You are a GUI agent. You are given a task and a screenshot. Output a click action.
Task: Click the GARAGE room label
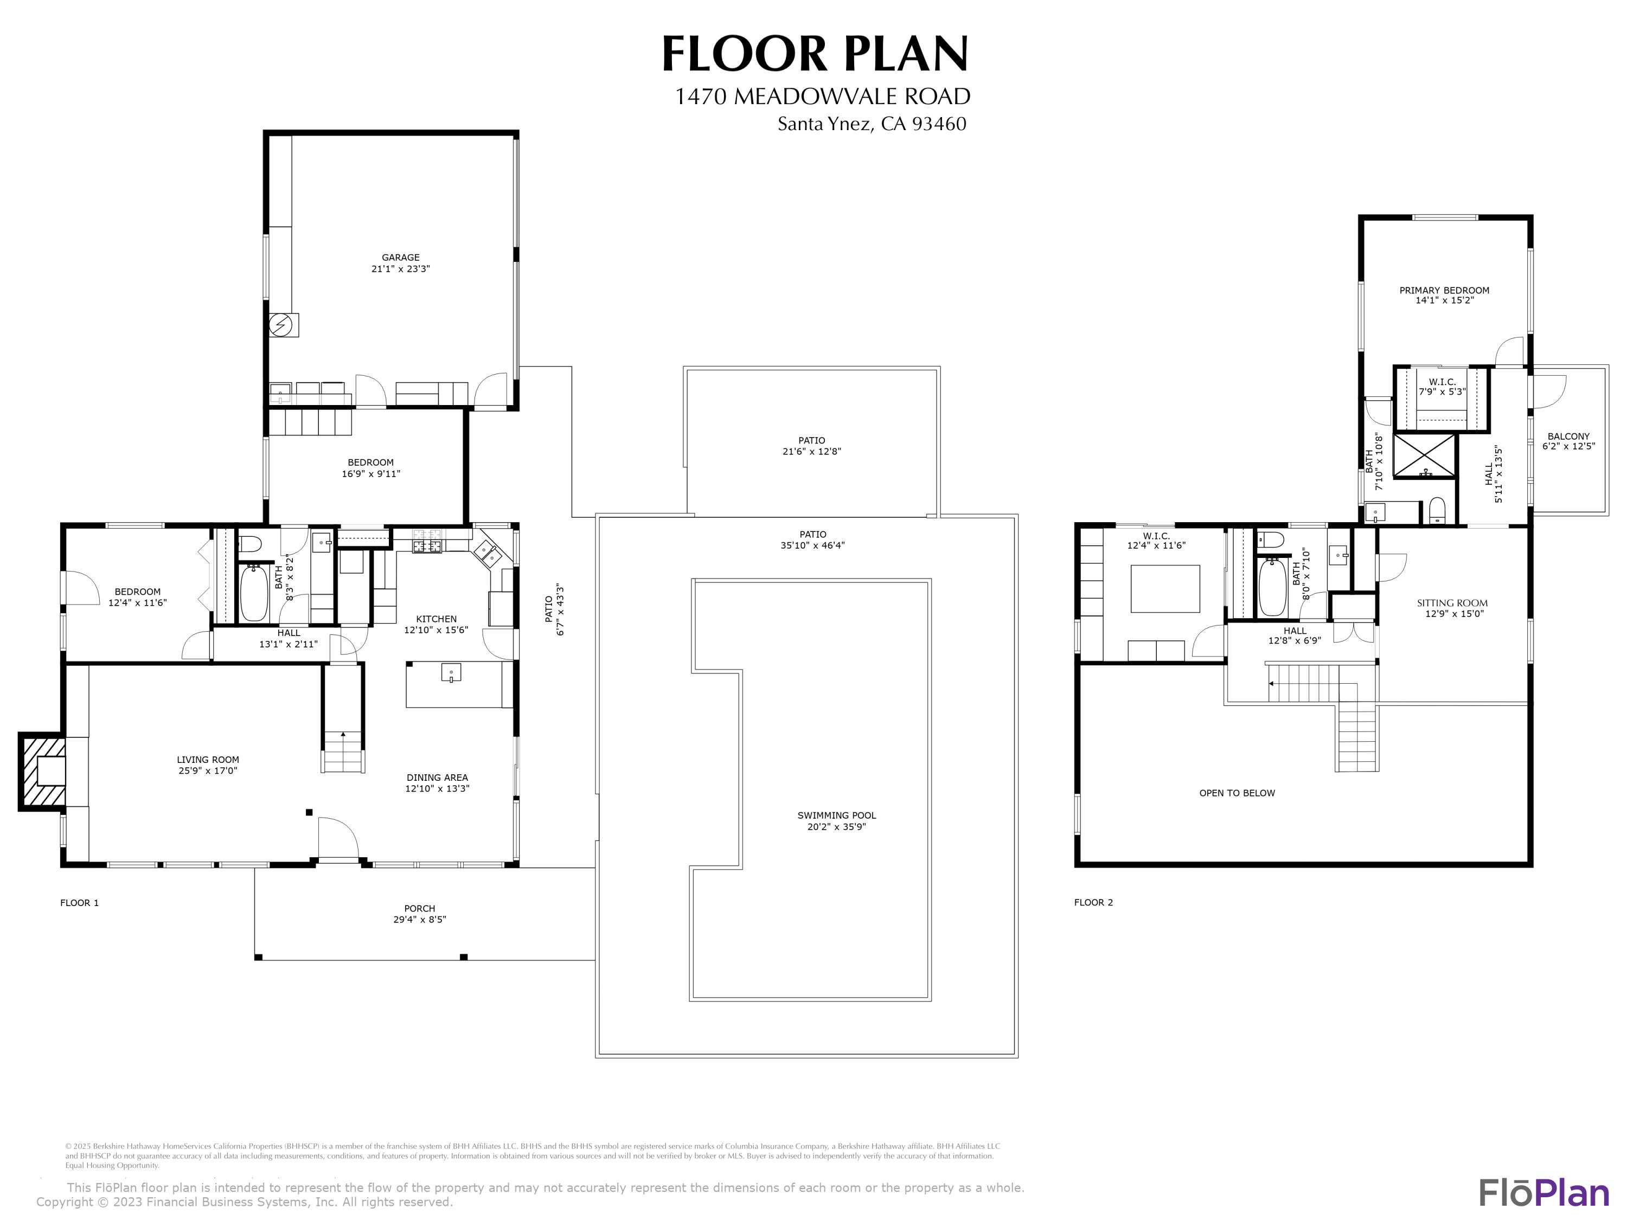pyautogui.click(x=400, y=258)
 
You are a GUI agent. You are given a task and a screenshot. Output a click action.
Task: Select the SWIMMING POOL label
pyautogui.click(x=836, y=816)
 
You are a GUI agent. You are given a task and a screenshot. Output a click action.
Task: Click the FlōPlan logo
pyautogui.click(x=1543, y=1193)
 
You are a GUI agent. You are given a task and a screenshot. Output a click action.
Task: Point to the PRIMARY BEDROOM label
pyautogui.click(x=1444, y=291)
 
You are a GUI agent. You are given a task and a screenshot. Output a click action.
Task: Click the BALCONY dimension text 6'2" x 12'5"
pyautogui.click(x=1568, y=446)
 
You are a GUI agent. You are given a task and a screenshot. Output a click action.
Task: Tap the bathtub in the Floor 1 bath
pyautogui.click(x=254, y=592)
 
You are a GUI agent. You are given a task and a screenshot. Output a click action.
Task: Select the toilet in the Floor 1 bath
pyautogui.click(x=250, y=544)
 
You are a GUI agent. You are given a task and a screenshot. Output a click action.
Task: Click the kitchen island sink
pyautogui.click(x=450, y=673)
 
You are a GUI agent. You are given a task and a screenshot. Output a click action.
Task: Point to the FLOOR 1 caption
pyautogui.click(x=79, y=903)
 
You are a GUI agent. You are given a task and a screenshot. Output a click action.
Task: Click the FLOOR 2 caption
pyautogui.click(x=1093, y=902)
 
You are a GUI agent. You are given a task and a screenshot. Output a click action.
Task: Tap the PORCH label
pyautogui.click(x=419, y=908)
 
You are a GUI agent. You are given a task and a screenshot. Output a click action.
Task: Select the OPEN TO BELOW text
pyautogui.click(x=1237, y=793)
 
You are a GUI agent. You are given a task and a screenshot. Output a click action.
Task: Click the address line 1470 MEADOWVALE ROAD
pyautogui.click(x=822, y=97)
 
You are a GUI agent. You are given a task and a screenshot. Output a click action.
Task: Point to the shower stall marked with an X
pyautogui.click(x=1425, y=456)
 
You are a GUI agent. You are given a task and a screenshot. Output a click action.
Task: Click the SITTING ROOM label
pyautogui.click(x=1452, y=603)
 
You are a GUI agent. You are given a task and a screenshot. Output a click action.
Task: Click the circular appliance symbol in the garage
pyautogui.click(x=280, y=325)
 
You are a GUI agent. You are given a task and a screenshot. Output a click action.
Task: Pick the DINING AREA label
pyautogui.click(x=437, y=778)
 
